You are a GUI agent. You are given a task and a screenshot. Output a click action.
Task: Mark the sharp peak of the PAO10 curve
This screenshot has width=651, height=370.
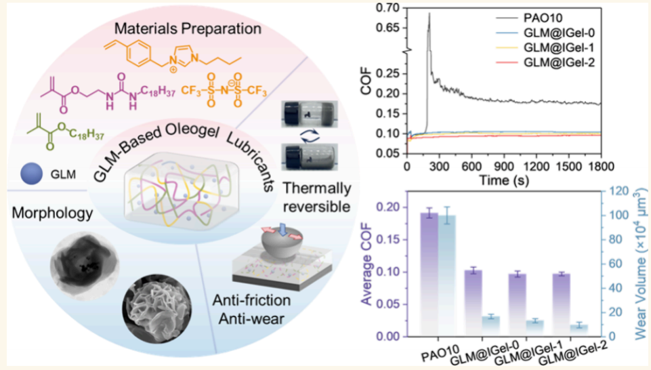tap(429, 14)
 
